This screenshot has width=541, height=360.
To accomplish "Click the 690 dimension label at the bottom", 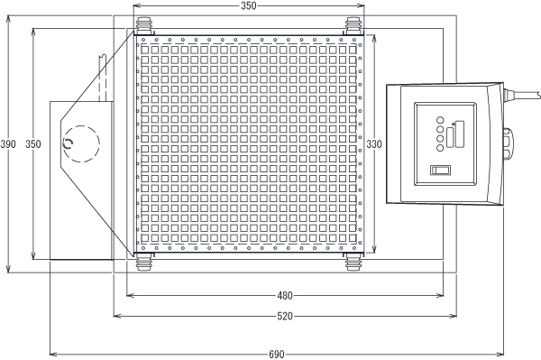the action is coord(277,354).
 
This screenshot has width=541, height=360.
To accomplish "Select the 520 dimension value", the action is coord(285,316).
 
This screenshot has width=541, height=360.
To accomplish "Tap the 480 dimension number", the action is coord(285,296).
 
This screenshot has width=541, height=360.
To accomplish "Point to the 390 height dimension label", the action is coord(8,144).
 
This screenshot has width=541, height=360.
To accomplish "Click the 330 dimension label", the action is coord(374,144).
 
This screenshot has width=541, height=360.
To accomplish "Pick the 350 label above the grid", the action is coord(249,6).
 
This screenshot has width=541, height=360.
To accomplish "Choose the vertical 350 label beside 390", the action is coord(33,144).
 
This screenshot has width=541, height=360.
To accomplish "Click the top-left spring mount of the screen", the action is coord(144,26).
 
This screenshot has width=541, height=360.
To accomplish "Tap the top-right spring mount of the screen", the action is coord(353,26).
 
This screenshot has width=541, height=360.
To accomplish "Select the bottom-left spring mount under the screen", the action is coord(144,262).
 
